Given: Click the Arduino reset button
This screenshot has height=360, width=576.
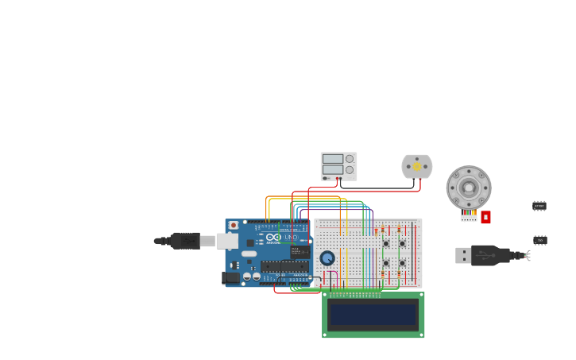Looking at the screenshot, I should pos(234,226).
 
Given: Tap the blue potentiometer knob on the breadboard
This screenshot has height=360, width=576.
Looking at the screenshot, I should pos(327,258).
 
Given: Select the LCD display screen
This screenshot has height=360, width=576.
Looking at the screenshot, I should pos(373,315).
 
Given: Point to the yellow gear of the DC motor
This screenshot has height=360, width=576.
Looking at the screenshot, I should pos(417,167).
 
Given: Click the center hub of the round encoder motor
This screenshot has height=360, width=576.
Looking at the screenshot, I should pos(469,188).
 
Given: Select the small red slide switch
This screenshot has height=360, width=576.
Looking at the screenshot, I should pos(485,216).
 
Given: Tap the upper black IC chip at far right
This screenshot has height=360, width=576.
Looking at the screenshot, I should pos(539,206).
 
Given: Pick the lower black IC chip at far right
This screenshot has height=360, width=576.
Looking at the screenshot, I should pos(540,240).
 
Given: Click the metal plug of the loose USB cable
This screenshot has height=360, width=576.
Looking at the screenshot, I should pos(462,255).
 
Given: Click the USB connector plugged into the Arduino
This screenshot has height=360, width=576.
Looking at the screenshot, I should pos(226,241).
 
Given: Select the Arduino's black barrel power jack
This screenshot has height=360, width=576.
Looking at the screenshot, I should pos(231,278).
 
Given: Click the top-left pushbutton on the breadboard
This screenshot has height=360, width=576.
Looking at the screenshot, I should pos(386,243).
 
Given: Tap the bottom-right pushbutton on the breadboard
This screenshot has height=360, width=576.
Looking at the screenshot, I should pos(402,262).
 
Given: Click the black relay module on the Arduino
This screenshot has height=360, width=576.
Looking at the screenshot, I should pos(300,252).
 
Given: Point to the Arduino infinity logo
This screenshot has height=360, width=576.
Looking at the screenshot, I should pos(273,237).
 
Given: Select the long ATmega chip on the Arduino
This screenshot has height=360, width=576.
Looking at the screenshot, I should pos(284,266).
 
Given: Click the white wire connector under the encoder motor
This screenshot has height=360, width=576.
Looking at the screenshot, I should pos(469,217).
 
